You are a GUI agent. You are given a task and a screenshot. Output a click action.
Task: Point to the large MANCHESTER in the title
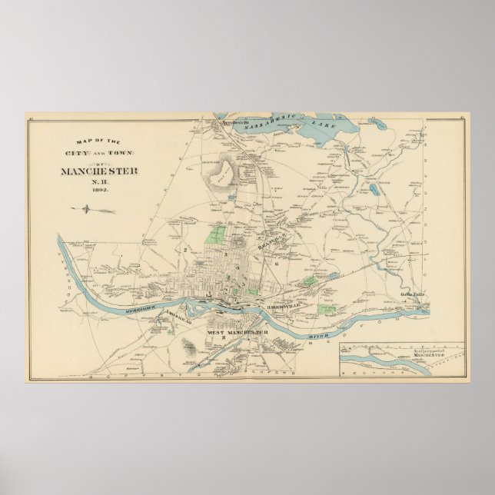click(99, 171)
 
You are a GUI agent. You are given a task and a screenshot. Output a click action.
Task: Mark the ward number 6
click(274, 264)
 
